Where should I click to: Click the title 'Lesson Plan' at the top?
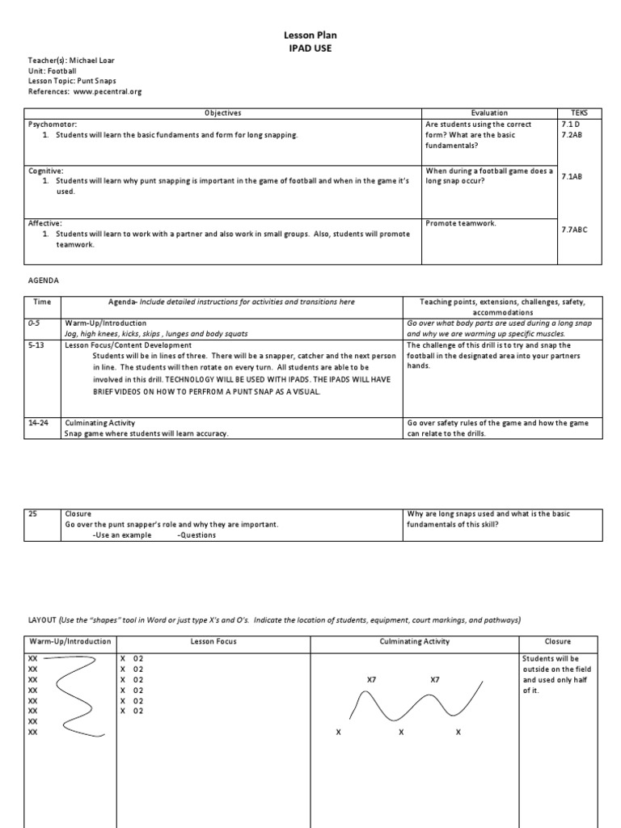[310, 36]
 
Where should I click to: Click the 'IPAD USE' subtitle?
[310, 49]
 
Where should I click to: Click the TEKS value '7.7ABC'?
[574, 230]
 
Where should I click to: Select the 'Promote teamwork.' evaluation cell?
[460, 223]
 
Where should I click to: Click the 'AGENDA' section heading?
[43, 280]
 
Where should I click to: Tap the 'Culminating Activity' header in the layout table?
[415, 641]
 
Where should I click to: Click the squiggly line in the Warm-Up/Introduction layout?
[74, 695]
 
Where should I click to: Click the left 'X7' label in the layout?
[371, 680]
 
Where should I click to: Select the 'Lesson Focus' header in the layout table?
[213, 641]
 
